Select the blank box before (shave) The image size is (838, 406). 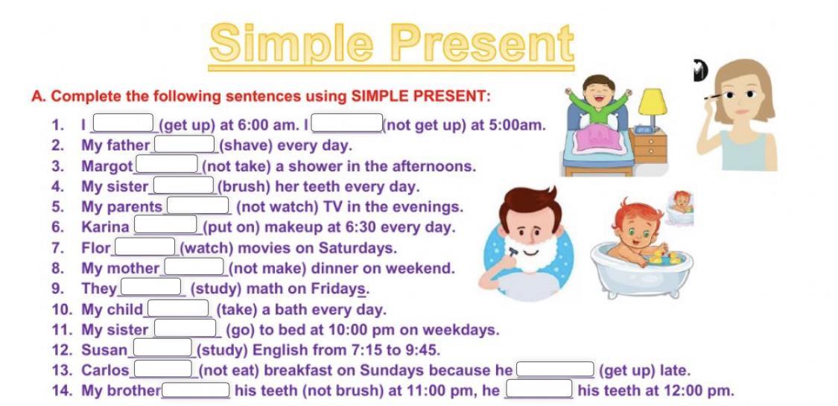pyautogui.click(x=185, y=145)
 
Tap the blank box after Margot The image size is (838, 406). pyautogui.click(x=167, y=165)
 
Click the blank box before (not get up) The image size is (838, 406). pyautogui.click(x=347, y=123)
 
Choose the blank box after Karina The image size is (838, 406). pyautogui.click(x=165, y=226)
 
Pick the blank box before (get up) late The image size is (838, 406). pyautogui.click(x=555, y=369)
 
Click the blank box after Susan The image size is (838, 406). pyautogui.click(x=162, y=349)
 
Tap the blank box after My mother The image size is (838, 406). pyautogui.click(x=194, y=267)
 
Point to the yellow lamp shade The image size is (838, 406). pyautogui.click(x=653, y=101)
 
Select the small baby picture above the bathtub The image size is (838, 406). pyautogui.click(x=680, y=208)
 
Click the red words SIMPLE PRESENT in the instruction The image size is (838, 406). pyautogui.click(x=419, y=97)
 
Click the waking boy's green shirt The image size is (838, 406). pyautogui.click(x=598, y=101)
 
